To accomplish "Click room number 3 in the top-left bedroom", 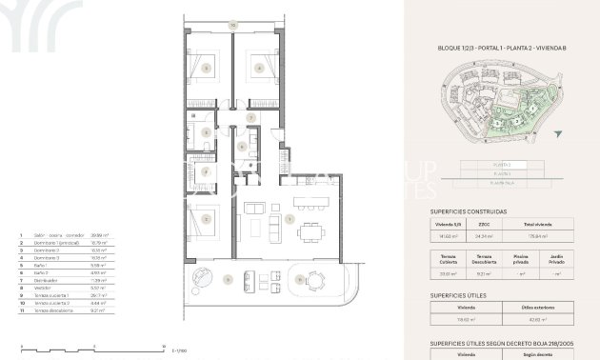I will click(206, 69).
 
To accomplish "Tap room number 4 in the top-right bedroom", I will click(256, 69).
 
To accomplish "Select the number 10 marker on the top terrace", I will click(231, 25).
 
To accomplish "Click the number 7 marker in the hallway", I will click(250, 118).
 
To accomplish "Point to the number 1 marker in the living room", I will click(287, 218).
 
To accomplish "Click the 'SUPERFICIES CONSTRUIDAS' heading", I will click(469, 211).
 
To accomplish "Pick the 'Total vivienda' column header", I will click(553, 222).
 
